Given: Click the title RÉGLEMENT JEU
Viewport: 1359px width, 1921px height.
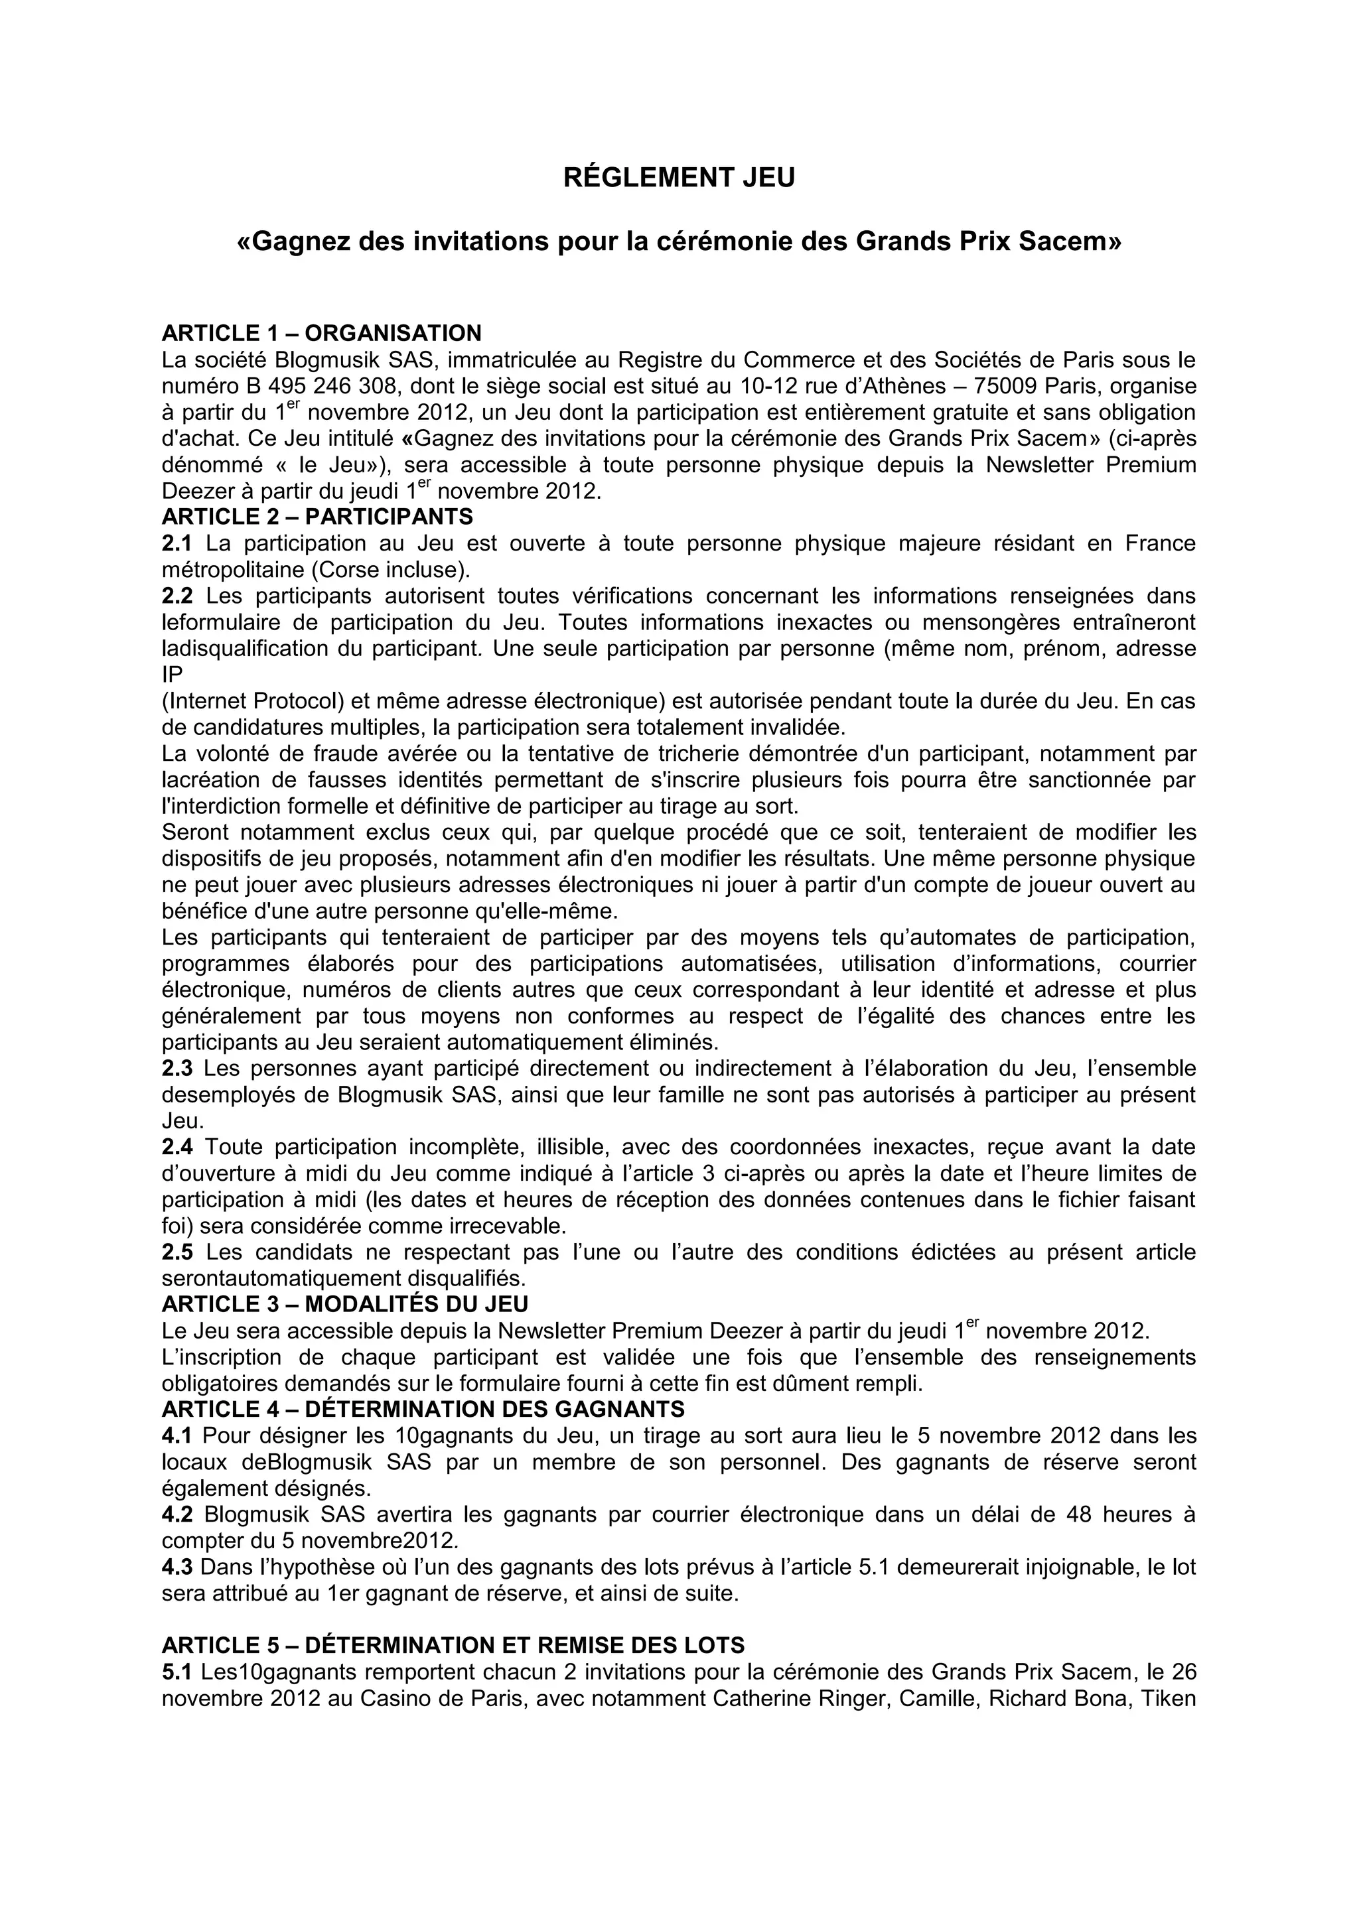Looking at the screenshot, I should coord(679,178).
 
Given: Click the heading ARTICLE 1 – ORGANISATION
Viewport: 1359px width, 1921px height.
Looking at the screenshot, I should coord(321,333).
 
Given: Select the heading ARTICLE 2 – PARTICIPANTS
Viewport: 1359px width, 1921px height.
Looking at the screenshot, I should coord(317,516).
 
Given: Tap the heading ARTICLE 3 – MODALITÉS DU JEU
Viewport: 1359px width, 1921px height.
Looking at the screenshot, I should coord(345,1304).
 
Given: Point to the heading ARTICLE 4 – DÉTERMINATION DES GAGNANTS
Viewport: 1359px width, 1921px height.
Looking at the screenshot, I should coord(423,1410).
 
